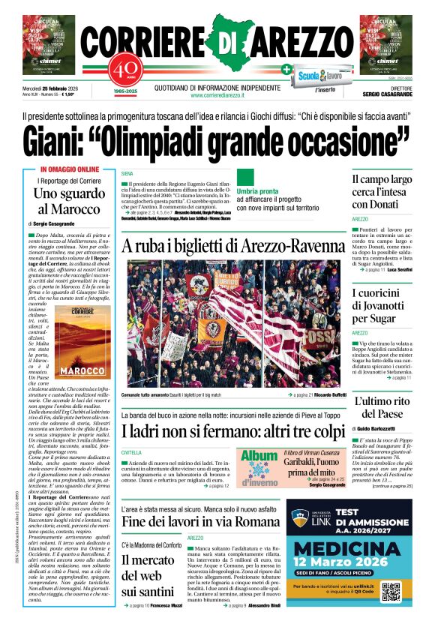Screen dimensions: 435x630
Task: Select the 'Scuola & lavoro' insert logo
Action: point(319,76)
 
